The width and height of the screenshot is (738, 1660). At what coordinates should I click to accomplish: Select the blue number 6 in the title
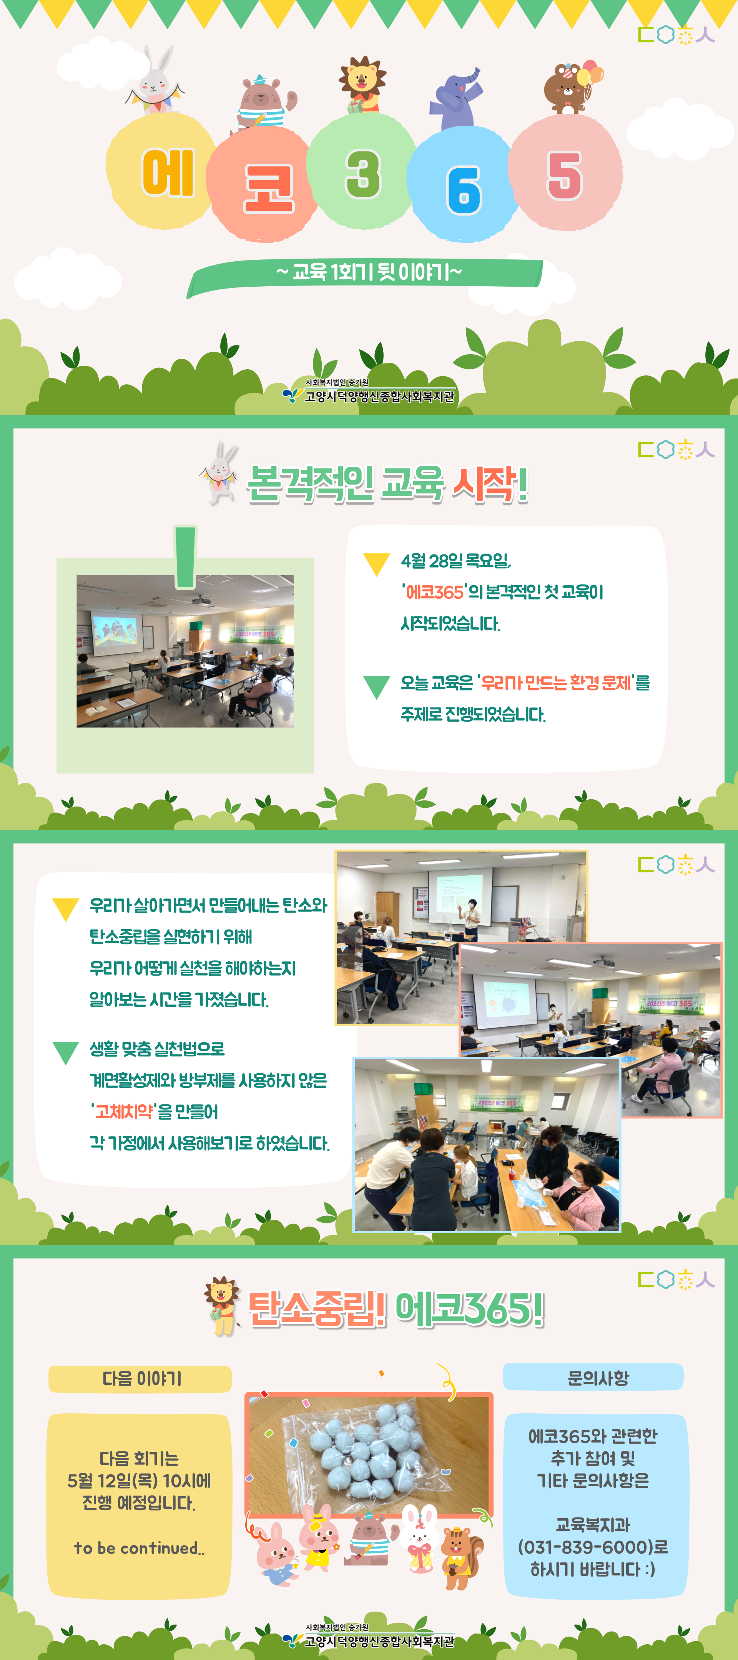464,190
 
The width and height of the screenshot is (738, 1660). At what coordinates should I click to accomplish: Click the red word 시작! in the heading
490,483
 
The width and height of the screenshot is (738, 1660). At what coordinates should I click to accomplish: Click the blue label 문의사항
593,1377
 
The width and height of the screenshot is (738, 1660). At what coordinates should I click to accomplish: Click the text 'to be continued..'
139,1547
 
